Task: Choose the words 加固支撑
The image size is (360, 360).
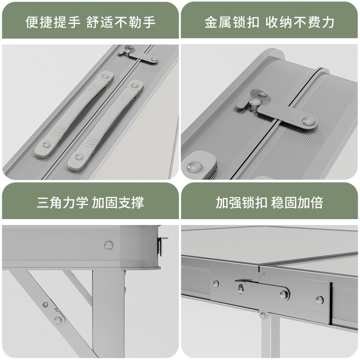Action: tap(118, 202)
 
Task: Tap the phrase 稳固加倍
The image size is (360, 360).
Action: tap(297, 202)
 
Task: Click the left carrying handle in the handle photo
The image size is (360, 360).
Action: tap(75, 114)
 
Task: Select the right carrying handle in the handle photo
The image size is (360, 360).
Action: tap(106, 126)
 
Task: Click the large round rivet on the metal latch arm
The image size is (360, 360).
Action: tap(308, 120)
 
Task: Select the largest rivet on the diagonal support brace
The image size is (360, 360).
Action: tap(58, 320)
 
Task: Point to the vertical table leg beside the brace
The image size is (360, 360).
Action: tap(108, 310)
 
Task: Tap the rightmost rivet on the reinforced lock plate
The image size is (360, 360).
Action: tap(319, 299)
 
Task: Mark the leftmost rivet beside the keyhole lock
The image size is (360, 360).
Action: tap(216, 284)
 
